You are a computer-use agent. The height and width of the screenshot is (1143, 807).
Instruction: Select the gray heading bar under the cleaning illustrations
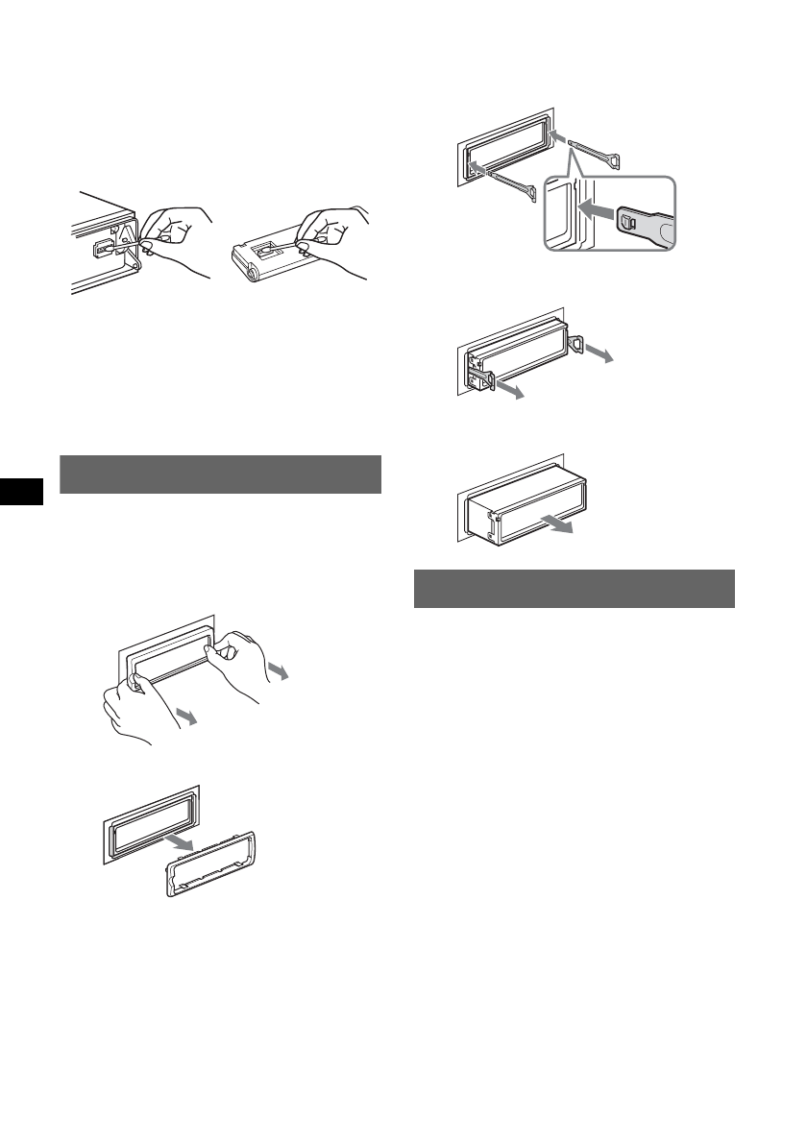pos(220,474)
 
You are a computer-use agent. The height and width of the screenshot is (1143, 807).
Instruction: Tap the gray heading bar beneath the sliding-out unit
pos(574,589)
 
